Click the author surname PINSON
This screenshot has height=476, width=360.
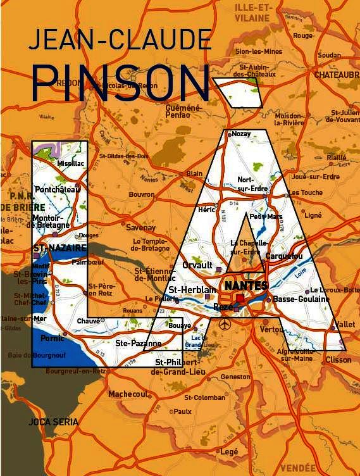[120, 80]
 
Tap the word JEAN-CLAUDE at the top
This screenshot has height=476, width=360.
[120, 42]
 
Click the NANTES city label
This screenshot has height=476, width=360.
[246, 285]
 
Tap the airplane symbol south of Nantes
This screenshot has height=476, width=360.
[225, 325]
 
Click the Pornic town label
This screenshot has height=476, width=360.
[52, 338]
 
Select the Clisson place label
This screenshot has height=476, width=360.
[338, 360]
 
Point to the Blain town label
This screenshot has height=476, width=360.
[194, 173]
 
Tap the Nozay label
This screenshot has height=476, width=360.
[242, 134]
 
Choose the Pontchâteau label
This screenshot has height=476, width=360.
[59, 189]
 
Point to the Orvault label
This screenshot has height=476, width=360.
[197, 265]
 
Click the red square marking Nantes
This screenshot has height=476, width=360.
[240, 297]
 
